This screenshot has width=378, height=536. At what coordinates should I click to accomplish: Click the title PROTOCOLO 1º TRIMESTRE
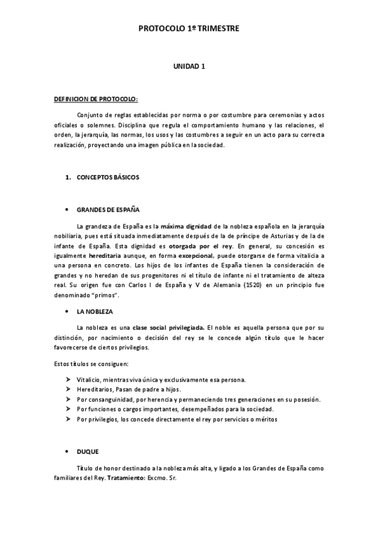pos(189,28)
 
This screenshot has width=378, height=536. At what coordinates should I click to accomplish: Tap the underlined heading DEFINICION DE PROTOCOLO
pos(95,100)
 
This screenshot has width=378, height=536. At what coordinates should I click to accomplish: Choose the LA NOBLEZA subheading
pos(95,312)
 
